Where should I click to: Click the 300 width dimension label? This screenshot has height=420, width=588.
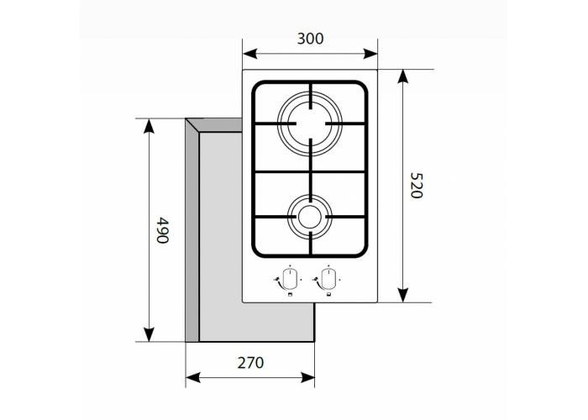310,39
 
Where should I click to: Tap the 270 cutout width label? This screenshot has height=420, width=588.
249,363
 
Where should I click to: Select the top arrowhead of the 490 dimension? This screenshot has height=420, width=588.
150,126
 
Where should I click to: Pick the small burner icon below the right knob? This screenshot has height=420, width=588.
328,295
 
